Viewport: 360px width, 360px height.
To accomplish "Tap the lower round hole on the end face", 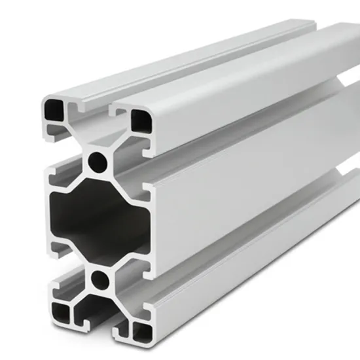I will pos(100,280).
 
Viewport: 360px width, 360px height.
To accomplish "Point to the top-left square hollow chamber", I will pos(52,109).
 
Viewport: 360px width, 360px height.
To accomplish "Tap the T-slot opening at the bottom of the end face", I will pos(98,321).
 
